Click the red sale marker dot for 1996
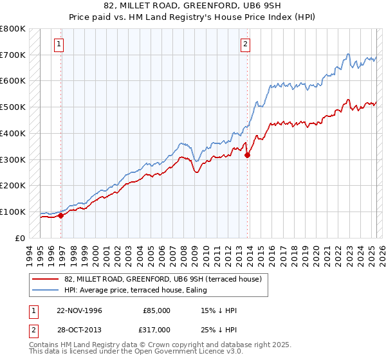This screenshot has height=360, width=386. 61,215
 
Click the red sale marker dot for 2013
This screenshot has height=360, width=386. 248,154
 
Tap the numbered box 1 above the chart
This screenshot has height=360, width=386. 59,44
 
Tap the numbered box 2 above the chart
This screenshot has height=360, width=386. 246,44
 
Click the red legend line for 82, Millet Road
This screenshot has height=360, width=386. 46,280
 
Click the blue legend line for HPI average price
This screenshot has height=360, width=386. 46,290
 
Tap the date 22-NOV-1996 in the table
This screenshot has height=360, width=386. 79,310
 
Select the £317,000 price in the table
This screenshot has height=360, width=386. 157,329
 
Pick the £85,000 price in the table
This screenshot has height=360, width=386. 157,310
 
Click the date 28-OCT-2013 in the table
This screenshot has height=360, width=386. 79,329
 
